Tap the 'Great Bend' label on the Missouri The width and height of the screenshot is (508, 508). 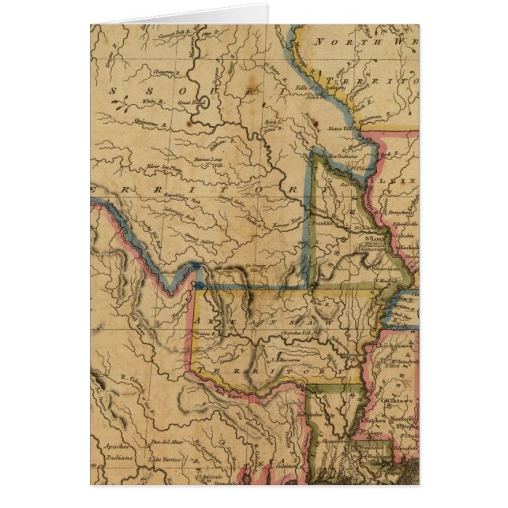pyautogui.click(x=187, y=102)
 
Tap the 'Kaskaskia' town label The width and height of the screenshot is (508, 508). pyautogui.click(x=404, y=248)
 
